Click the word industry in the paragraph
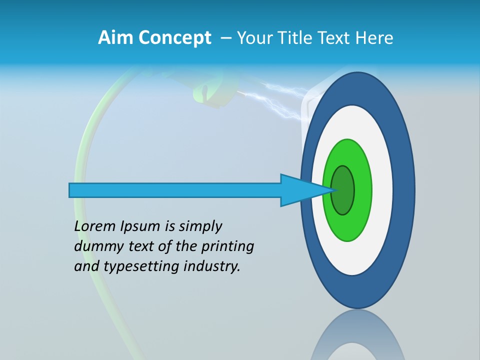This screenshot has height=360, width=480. [x=212, y=266]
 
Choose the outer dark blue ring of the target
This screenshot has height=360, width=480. [x=404, y=190]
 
